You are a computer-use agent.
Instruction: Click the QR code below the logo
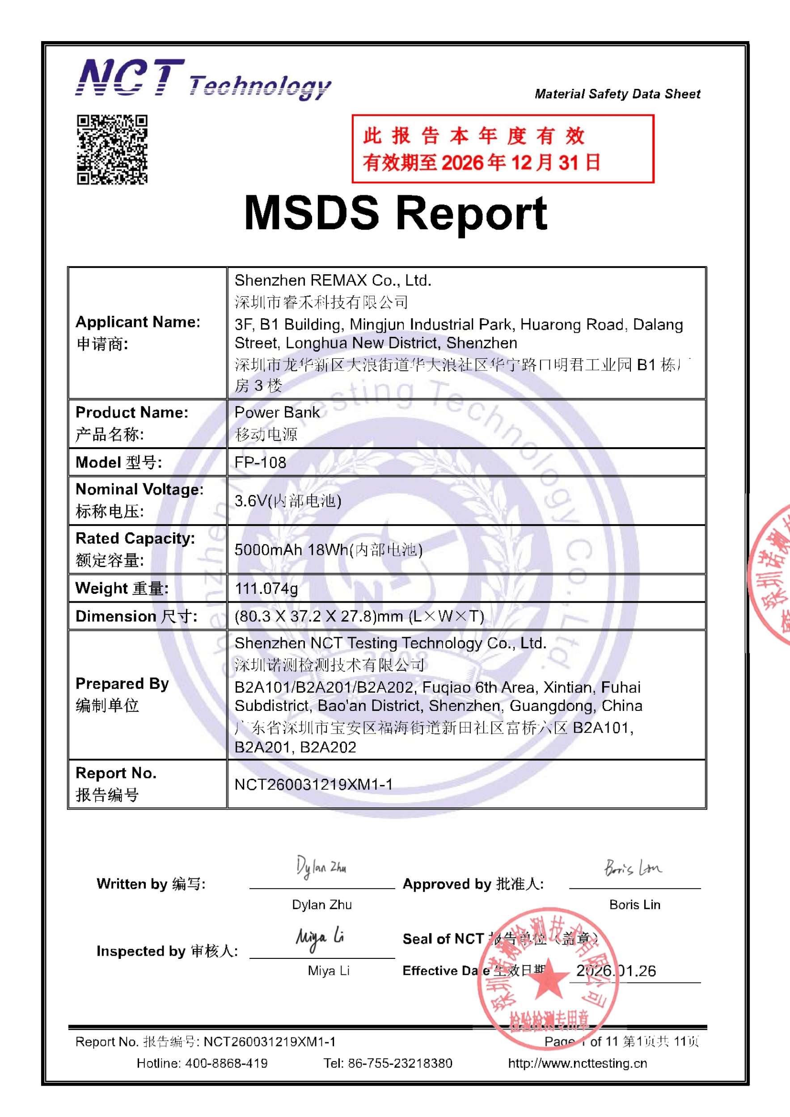tap(112, 149)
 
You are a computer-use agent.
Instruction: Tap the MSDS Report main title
tap(395, 213)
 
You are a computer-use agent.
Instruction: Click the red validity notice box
tap(503, 149)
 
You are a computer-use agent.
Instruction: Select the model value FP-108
tap(260, 462)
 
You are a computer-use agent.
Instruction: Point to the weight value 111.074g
tap(266, 589)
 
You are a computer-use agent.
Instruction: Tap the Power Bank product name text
tap(277, 412)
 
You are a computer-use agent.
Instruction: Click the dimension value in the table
tap(359, 617)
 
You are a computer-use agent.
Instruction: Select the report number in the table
tap(313, 784)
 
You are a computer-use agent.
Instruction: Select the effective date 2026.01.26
tap(616, 970)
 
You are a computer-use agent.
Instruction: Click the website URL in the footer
tap(577, 1063)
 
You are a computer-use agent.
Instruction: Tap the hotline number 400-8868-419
tap(226, 1063)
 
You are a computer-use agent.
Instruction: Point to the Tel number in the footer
tap(400, 1063)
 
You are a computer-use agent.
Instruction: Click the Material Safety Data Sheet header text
tap(617, 94)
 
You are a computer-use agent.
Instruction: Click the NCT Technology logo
tap(203, 79)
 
